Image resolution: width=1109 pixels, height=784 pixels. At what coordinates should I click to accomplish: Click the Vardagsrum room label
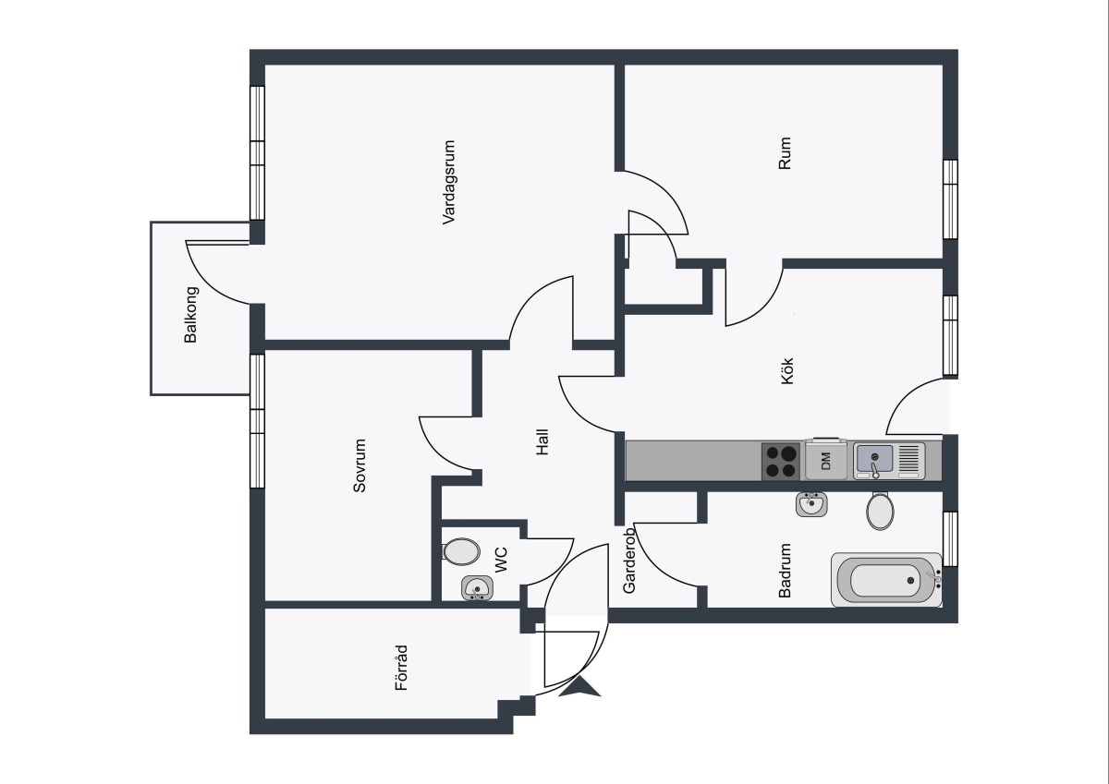[448, 183]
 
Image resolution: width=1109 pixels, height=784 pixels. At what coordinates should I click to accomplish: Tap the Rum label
[785, 153]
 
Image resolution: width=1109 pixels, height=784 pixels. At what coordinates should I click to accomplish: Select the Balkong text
[190, 315]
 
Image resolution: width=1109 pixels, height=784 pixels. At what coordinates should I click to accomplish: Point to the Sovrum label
[360, 465]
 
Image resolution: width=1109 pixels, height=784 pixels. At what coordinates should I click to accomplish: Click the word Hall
[542, 441]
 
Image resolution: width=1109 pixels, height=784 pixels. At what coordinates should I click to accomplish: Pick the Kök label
[786, 371]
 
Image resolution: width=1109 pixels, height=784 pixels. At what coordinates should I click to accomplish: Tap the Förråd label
[401, 668]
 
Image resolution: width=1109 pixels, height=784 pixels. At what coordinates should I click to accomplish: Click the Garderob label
[628, 561]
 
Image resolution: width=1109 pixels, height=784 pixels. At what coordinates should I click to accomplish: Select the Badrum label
[785, 571]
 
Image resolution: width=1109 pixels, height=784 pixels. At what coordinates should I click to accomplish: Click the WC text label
[501, 560]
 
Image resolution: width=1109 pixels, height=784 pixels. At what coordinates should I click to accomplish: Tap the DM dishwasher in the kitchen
[825, 460]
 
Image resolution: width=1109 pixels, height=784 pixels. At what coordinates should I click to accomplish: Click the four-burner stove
[781, 461]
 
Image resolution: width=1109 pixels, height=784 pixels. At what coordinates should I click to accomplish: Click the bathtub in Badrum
[886, 580]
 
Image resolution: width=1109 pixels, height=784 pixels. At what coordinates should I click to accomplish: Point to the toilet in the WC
[461, 551]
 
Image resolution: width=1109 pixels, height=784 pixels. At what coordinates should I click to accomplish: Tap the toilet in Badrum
[880, 511]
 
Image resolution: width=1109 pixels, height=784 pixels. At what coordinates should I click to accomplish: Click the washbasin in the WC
[477, 588]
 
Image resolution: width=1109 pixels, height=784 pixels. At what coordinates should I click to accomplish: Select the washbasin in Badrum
[811, 504]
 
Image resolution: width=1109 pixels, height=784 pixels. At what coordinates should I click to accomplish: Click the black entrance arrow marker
[579, 687]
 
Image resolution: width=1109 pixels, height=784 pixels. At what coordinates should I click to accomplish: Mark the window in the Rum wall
[950, 199]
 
